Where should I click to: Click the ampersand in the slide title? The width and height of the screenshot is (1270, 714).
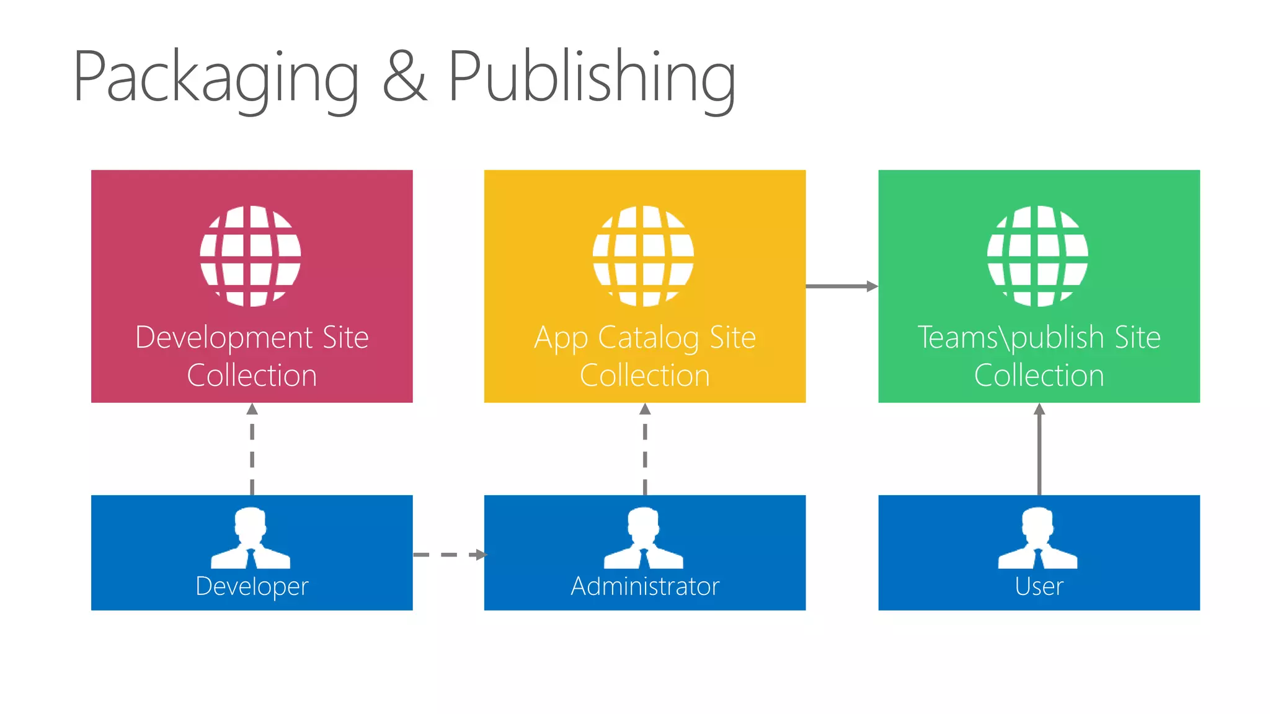(x=404, y=77)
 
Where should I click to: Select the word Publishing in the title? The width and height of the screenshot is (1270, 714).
(x=592, y=77)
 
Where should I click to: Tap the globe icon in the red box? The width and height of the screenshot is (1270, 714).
(x=251, y=256)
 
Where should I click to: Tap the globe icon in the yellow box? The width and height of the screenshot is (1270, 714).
(x=644, y=256)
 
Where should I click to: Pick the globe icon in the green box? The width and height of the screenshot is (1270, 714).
(x=1038, y=256)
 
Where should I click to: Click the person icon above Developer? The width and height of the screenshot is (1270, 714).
(x=251, y=538)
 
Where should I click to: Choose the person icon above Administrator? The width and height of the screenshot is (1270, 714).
(x=644, y=538)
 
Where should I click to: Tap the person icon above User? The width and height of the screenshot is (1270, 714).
(x=1038, y=538)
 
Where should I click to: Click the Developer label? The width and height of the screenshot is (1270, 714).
(x=252, y=586)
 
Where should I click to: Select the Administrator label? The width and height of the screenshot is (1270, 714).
(x=645, y=586)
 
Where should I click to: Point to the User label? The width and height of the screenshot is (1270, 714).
(x=1039, y=586)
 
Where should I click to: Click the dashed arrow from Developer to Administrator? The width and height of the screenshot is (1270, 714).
(x=449, y=555)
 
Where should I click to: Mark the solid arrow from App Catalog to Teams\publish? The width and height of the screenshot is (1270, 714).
(x=841, y=286)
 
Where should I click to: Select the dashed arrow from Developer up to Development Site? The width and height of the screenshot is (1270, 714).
(x=252, y=449)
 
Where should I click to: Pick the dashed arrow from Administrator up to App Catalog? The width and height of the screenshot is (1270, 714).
(x=645, y=449)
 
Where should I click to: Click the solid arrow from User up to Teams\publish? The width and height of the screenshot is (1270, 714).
(x=1039, y=449)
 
